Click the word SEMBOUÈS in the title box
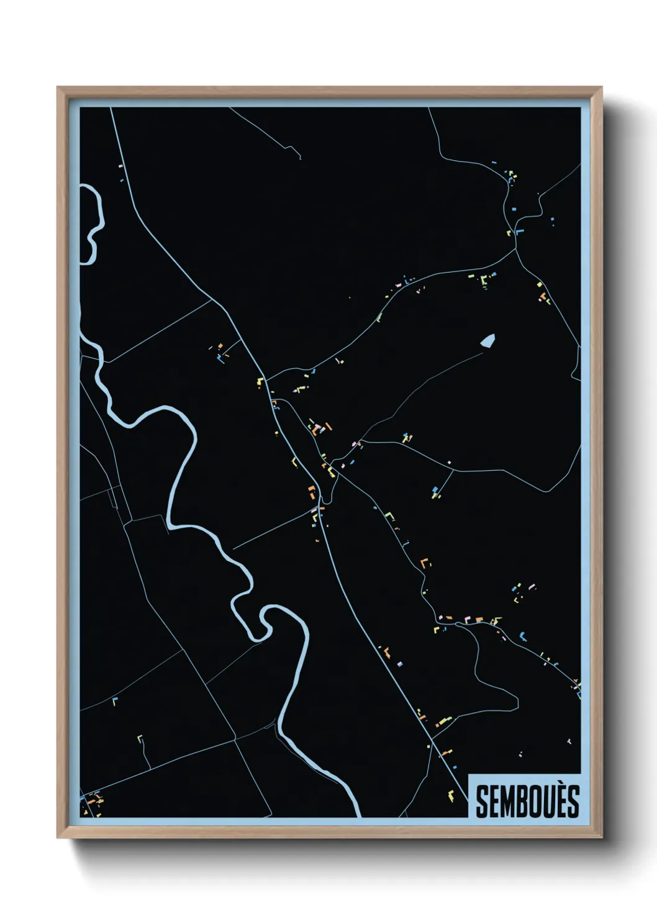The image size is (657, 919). pos(527,801)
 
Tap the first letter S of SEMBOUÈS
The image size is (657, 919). pos(482,802)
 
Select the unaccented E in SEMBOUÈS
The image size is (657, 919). pos(494,802)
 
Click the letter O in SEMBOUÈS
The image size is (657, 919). pos(538,802)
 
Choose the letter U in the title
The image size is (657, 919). pos(550,802)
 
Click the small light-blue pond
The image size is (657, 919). pos(487,340)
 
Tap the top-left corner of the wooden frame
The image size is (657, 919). pos(58,88)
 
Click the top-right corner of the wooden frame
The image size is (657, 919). pos(601,88)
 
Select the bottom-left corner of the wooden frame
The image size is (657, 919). pos(58,838)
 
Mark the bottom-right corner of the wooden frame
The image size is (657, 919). pos(601,838)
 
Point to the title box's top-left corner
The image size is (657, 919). pos(468,774)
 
